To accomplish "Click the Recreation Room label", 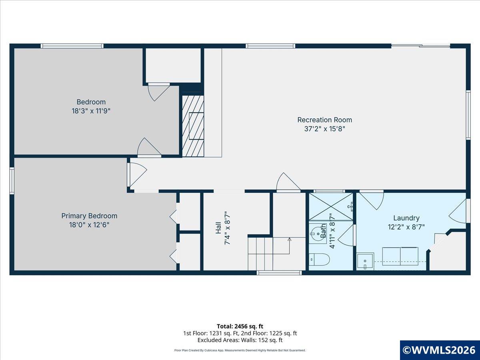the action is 324,120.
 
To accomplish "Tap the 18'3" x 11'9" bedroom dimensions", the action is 91,111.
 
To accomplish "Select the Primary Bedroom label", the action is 89,216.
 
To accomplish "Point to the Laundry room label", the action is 406,218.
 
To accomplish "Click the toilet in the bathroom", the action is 320,259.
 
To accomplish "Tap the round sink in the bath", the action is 318,234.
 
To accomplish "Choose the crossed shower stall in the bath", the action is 331,206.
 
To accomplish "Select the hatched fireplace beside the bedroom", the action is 193,126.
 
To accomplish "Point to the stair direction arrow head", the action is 290,239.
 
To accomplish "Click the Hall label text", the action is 218,228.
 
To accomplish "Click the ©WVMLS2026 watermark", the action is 440,350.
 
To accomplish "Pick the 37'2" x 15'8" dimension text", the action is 324,129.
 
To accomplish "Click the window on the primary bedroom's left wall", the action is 12,180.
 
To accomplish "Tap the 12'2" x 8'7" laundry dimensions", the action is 406,227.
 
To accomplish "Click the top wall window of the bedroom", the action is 72,46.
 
